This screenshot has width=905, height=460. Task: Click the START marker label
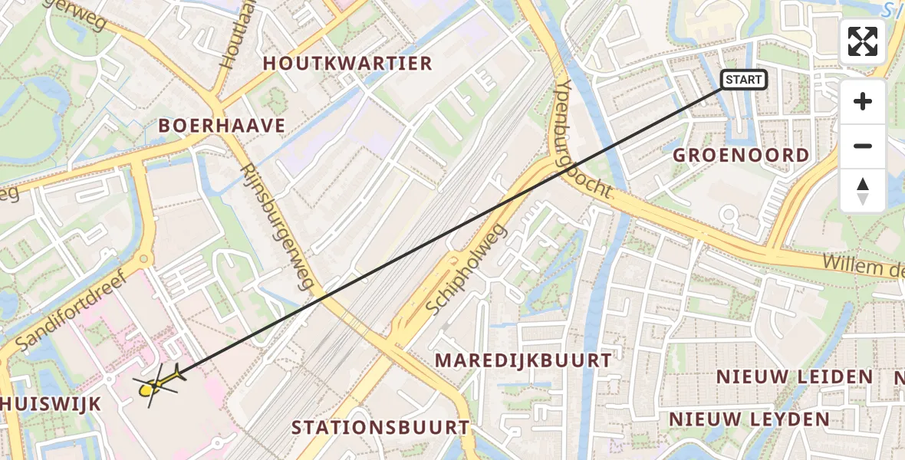743,80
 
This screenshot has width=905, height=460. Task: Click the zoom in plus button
863,102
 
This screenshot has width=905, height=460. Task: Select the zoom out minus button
863,146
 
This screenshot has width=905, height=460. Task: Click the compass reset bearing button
863,190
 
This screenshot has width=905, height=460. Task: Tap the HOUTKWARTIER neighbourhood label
347,64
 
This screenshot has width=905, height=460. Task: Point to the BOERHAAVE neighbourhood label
222,126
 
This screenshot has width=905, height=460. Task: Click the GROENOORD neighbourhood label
741,155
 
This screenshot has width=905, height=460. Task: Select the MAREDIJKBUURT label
523,360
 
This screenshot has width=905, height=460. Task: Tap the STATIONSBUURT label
380,427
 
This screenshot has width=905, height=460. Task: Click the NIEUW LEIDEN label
795,376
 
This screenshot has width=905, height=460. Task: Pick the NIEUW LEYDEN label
749,419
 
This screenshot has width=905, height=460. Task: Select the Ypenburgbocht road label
581,140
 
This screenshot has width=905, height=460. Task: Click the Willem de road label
864,268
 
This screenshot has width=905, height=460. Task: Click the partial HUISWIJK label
51,404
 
